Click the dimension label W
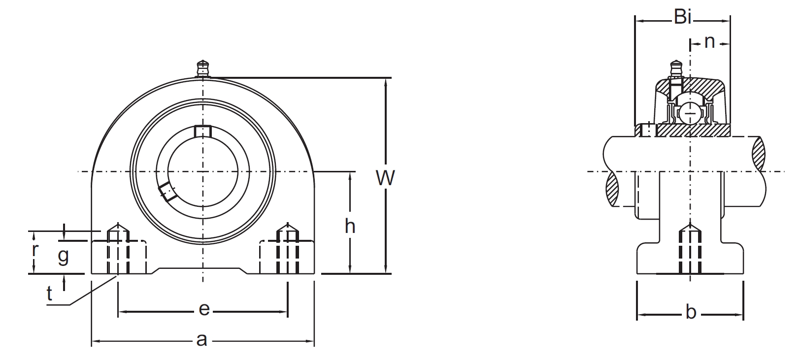point(385,178)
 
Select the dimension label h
point(350,227)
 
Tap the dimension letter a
point(201,340)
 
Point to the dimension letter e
point(204,309)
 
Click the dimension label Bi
point(682,17)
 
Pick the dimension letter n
point(709,42)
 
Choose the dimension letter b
point(691,311)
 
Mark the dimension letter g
point(63,256)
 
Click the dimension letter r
point(34,250)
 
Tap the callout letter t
point(49,294)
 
